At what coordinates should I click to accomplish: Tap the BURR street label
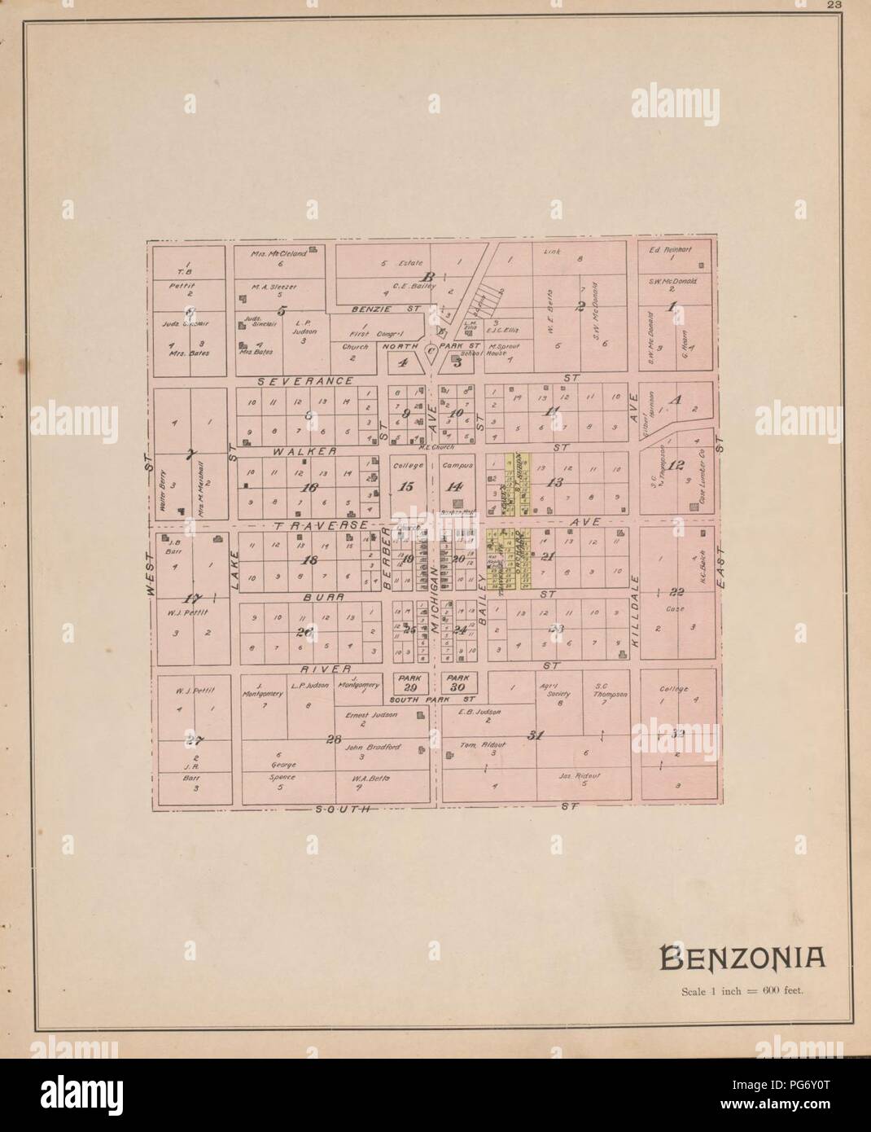coord(300,597)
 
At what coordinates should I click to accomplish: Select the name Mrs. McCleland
coord(281,253)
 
